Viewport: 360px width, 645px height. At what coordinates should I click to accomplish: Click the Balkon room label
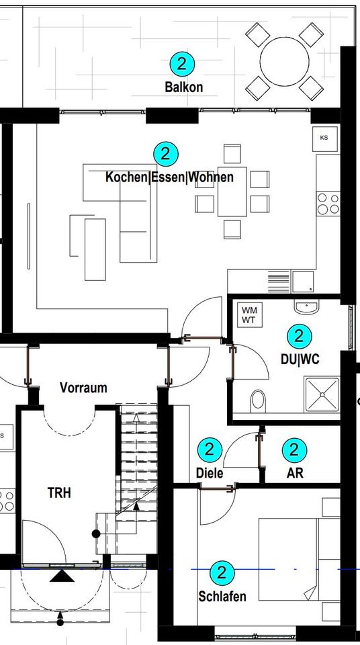click(183, 87)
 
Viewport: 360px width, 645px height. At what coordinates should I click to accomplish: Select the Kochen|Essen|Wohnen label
click(169, 177)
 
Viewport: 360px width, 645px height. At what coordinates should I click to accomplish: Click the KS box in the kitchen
click(324, 138)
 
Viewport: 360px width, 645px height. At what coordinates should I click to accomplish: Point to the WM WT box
click(249, 315)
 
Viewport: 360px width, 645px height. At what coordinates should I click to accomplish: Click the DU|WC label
click(300, 359)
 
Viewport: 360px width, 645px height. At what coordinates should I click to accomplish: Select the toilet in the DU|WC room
click(257, 402)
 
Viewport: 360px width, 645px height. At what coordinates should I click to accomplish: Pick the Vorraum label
click(83, 388)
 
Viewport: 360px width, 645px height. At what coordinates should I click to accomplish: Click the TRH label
click(59, 492)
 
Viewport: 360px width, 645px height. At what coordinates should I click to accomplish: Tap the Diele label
click(209, 473)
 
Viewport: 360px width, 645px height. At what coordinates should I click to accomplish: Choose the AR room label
click(295, 473)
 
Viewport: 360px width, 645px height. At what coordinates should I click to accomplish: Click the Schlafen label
click(222, 597)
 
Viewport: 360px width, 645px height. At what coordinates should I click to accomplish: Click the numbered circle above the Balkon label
click(182, 64)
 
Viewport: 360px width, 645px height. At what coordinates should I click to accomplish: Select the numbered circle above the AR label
click(294, 449)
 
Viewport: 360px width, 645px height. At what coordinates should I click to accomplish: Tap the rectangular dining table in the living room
click(232, 191)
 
